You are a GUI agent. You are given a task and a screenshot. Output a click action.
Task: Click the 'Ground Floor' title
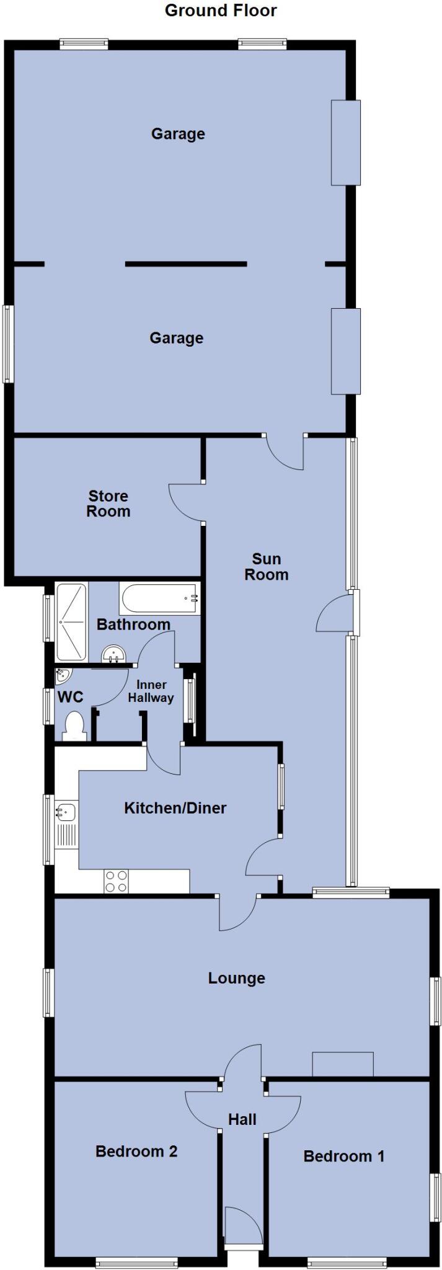pyautogui.click(x=221, y=11)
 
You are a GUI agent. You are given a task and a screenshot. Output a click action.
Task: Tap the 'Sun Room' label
pyautogui.click(x=266, y=567)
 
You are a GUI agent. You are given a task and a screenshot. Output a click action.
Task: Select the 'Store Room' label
pyautogui.click(x=108, y=504)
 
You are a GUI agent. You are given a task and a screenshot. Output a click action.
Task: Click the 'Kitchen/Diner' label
pyautogui.click(x=175, y=807)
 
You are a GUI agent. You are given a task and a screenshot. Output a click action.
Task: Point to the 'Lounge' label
pyautogui.click(x=236, y=978)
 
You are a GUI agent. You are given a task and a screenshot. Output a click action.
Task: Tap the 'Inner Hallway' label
pyautogui.click(x=151, y=691)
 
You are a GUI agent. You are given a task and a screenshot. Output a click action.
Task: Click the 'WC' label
pyautogui.click(x=70, y=697)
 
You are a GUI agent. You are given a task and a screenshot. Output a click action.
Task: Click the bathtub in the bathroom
pyautogui.click(x=159, y=599)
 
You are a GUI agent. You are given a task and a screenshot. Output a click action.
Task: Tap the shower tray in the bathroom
pyautogui.click(x=71, y=622)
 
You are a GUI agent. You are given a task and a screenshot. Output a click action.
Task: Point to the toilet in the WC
pyautogui.click(x=74, y=726)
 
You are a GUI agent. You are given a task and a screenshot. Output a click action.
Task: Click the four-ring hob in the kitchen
pyautogui.click(x=116, y=882)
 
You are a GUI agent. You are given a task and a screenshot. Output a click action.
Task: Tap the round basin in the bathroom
pyautogui.click(x=113, y=653)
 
